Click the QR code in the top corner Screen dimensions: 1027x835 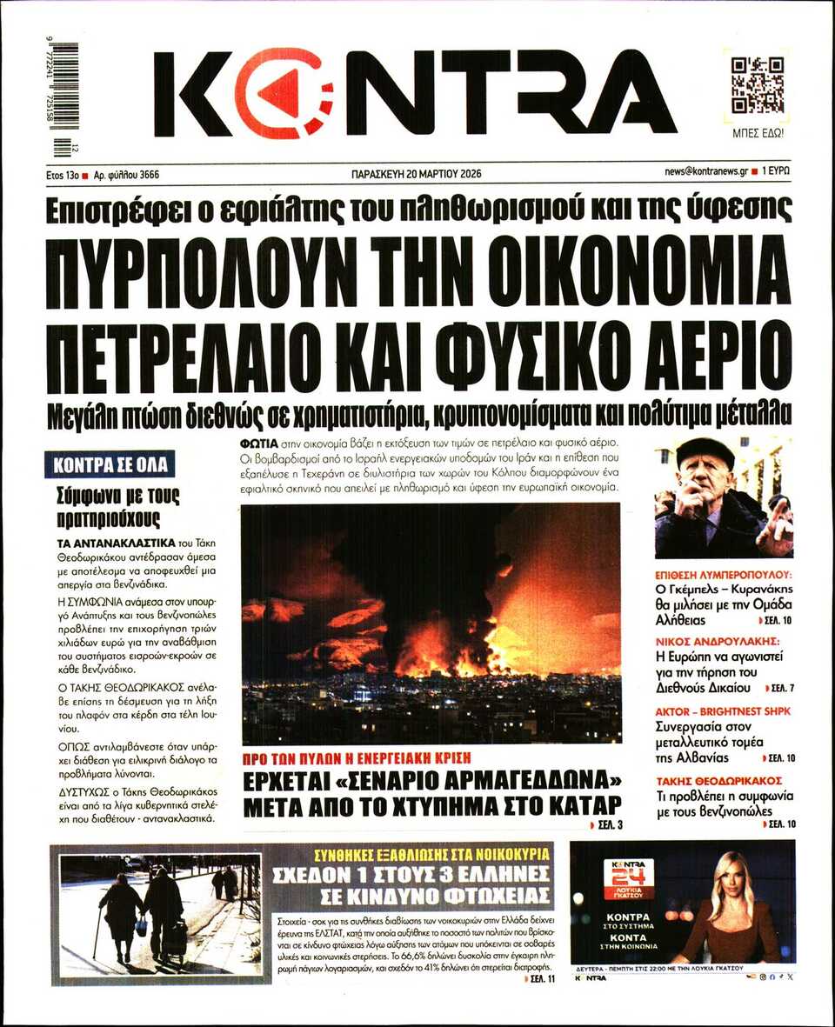[757, 85]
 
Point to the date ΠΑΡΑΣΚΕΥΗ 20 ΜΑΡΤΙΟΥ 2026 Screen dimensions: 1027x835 [417, 173]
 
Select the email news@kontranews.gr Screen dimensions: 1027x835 [705, 172]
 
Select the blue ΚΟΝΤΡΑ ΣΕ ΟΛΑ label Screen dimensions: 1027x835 [110, 464]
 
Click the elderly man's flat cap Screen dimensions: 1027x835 [705, 450]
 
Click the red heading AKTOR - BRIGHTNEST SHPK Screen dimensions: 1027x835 [723, 711]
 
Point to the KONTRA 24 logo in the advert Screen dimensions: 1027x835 [628, 879]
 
